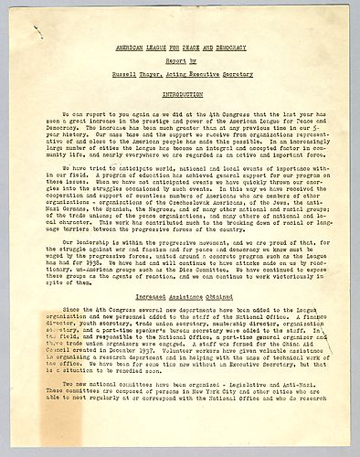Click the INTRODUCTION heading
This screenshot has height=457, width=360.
pos(180,93)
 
